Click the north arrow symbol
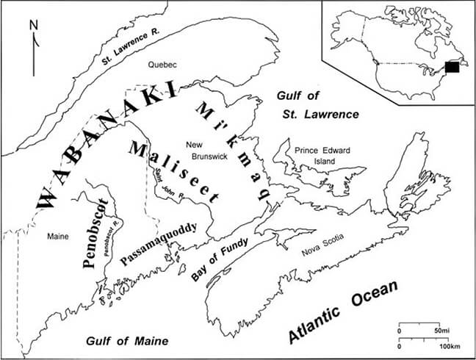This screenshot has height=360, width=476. coord(33,48)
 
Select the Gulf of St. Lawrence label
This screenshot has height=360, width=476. coord(317,105)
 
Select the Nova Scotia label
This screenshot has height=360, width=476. coord(321,252)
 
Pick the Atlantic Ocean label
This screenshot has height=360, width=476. coord(342,312)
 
